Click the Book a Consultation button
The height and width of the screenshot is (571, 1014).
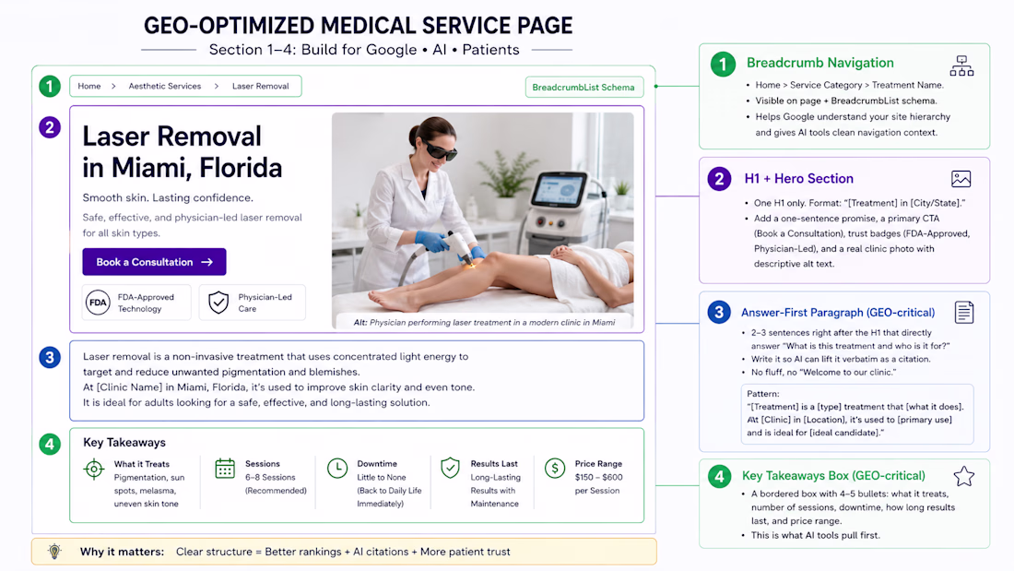[154, 262]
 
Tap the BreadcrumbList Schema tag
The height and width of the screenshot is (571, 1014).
[584, 88]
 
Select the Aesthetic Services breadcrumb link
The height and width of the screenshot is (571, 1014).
[164, 86]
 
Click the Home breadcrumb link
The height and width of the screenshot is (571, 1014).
[89, 86]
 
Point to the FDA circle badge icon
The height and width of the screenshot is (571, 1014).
[99, 303]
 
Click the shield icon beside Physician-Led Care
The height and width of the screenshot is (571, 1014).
[218, 303]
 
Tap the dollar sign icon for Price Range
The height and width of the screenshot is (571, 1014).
[555, 468]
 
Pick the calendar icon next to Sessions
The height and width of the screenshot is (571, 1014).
[225, 468]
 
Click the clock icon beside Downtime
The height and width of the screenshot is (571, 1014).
[336, 468]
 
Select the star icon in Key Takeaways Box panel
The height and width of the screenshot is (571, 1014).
[963, 477]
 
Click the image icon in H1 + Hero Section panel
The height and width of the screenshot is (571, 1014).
[961, 179]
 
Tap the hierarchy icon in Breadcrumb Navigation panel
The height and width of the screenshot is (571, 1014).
[961, 66]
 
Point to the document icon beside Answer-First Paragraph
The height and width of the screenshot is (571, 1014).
[964, 313]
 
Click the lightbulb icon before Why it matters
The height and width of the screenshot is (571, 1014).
[55, 552]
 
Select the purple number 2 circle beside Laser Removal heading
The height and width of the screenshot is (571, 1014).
[50, 127]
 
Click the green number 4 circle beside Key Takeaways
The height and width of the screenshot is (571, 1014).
[50, 444]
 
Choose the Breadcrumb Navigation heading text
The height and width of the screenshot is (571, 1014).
[820, 63]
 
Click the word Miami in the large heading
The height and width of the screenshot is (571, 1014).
[150, 168]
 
